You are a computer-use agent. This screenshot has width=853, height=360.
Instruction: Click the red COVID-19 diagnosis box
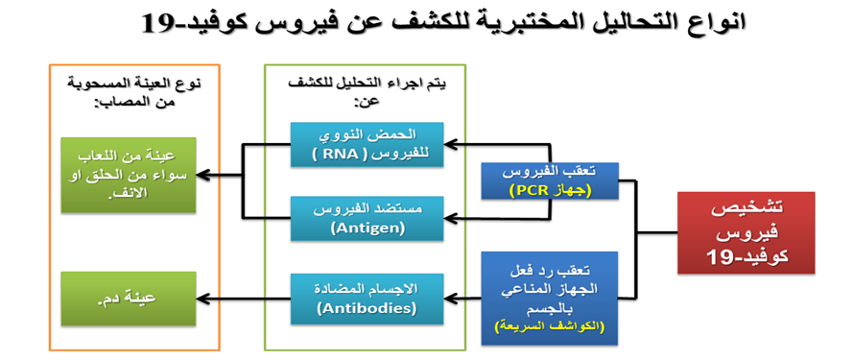[x=746, y=232]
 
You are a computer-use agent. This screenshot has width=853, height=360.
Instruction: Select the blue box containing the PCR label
[x=551, y=180]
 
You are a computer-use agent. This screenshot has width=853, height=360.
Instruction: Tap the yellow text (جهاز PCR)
[x=551, y=190]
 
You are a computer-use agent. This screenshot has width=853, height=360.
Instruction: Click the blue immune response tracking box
[x=550, y=298]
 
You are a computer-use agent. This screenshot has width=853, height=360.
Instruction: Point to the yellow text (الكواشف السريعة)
[x=550, y=328]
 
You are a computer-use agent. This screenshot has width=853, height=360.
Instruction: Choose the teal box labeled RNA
[x=367, y=144]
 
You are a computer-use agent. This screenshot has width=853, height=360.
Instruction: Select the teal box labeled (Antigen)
[x=367, y=218]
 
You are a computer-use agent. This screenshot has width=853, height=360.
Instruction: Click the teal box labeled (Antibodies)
[x=367, y=299]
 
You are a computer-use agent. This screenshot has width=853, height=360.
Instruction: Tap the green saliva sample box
[x=128, y=175]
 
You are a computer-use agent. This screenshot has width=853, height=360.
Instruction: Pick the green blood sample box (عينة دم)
[x=128, y=299]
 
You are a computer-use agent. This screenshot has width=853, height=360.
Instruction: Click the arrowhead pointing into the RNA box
[x=450, y=144]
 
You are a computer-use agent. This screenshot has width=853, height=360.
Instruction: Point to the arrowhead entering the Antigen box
[x=450, y=218]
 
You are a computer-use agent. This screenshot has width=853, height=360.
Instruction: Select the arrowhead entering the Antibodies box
[x=450, y=299]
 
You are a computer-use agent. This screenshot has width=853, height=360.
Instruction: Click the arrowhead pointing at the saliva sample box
[x=201, y=176]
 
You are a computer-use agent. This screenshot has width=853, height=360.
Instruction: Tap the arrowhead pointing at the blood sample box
[x=201, y=299]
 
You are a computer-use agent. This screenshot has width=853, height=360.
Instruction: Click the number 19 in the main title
[x=158, y=23]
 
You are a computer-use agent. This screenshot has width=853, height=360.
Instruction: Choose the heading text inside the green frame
[x=366, y=92]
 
